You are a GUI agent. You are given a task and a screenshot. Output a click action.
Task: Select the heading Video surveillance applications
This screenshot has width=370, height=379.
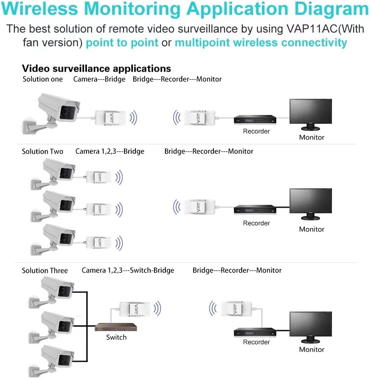point(97,68)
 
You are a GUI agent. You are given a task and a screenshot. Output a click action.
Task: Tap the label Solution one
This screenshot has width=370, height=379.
point(43,79)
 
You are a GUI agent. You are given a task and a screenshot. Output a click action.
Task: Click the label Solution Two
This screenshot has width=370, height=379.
point(43,151)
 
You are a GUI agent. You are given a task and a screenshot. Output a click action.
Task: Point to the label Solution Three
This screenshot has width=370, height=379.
point(45,270)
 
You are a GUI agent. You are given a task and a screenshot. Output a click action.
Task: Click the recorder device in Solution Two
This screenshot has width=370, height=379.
point(256,210)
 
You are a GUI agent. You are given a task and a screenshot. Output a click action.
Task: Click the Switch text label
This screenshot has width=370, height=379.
point(116,337)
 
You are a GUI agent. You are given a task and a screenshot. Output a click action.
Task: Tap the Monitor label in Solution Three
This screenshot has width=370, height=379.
point(311,349)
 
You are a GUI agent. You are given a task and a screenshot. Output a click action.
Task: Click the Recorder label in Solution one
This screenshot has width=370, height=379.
point(256,131)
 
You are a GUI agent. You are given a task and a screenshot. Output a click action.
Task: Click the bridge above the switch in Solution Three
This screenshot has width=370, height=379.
point(135,309)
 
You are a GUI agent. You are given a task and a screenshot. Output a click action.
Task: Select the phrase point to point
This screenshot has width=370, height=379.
point(122,43)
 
